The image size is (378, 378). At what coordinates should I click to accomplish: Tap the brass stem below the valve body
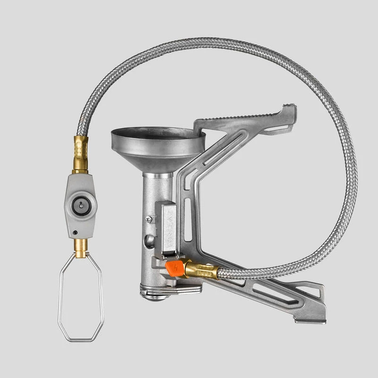pyautogui.click(x=81, y=247)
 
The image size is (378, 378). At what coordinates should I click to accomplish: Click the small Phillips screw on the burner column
pyautogui.click(x=149, y=219)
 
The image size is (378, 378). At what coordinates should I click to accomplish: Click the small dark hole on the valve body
pyautogui.click(x=75, y=232)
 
